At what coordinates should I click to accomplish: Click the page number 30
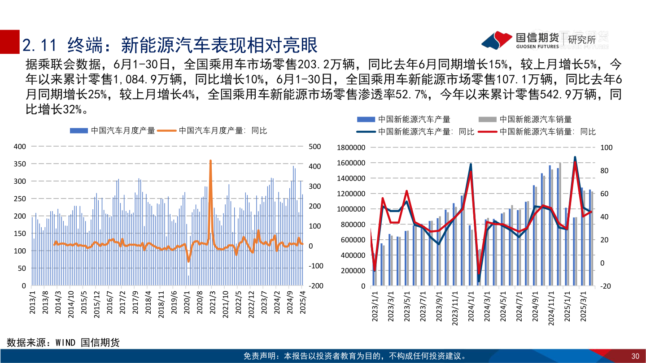[x=635, y=356]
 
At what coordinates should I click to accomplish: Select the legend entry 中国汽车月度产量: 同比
[x=222, y=130]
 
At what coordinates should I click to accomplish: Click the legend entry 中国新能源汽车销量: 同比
[x=547, y=132]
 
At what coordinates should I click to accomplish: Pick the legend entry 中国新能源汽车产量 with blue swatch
[x=404, y=119]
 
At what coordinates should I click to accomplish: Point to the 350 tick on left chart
[x=20, y=164]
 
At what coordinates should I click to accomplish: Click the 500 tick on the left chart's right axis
[x=314, y=147]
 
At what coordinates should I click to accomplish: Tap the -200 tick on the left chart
[x=315, y=285]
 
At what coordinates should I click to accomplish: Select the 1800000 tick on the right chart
[x=350, y=147]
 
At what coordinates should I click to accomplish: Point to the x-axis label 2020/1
[x=185, y=305]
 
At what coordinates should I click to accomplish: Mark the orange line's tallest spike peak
[x=210, y=161]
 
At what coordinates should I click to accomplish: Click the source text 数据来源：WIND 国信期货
[x=63, y=343]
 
